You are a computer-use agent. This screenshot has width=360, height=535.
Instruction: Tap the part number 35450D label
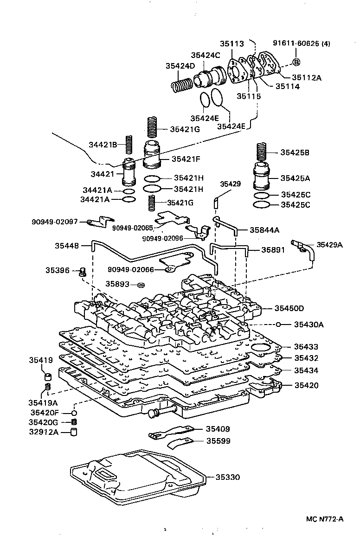click(x=289, y=308)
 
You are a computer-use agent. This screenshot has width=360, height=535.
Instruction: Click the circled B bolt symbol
click(x=296, y=62)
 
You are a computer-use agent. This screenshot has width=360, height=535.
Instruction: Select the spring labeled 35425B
click(x=263, y=152)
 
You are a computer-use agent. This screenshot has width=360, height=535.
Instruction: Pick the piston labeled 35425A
click(x=264, y=178)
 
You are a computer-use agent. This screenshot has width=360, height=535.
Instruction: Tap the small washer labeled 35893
click(x=141, y=284)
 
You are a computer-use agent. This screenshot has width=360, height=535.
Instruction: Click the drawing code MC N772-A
click(x=324, y=519)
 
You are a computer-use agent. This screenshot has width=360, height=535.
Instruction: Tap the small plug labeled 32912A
click(x=73, y=433)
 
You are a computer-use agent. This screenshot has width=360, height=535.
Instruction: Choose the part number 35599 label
click(x=218, y=441)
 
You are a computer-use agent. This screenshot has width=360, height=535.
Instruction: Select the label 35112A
click(x=307, y=77)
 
